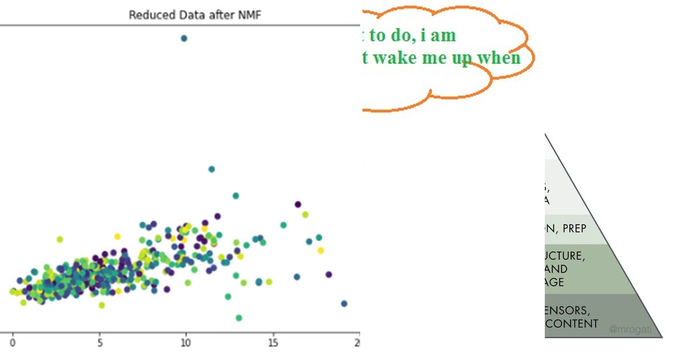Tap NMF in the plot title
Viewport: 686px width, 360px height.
click(250, 15)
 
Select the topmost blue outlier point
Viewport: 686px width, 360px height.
click(184, 38)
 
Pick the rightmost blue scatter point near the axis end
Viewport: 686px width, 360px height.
click(344, 303)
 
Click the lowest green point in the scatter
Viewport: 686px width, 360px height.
click(238, 318)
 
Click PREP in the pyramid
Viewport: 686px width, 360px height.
click(574, 229)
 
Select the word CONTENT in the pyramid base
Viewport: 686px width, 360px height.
click(572, 323)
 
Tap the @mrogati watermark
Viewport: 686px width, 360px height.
click(630, 329)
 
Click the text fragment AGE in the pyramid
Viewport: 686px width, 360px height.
click(554, 282)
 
